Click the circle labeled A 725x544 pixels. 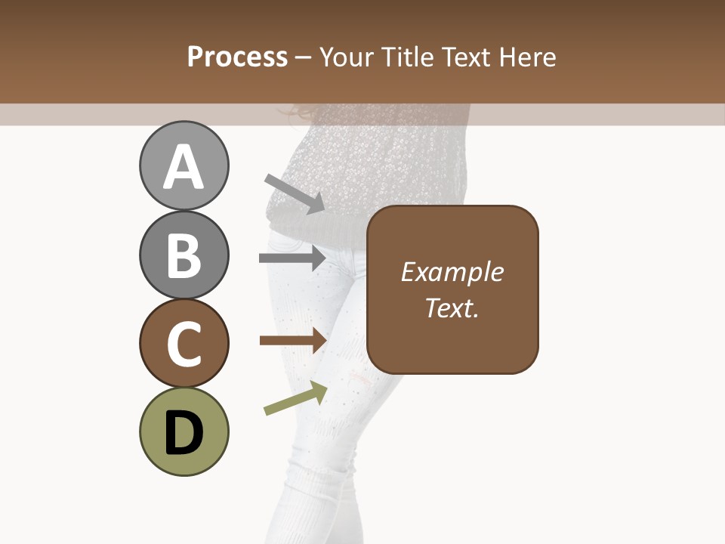184,165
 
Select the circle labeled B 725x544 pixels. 184,255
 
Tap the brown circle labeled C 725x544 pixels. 184,344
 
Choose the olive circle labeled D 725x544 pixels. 184,431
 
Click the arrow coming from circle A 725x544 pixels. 295,193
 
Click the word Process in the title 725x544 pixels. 237,57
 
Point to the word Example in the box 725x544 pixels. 452,272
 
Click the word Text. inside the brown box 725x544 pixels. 452,308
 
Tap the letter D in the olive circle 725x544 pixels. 184,433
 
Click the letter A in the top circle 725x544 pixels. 184,167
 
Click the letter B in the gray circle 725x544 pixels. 184,255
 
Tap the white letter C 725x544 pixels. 184,345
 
